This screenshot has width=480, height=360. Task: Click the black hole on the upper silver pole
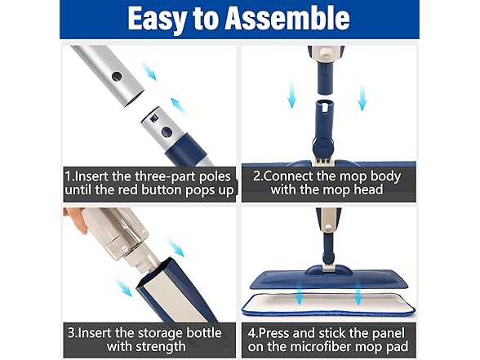[x=117, y=79]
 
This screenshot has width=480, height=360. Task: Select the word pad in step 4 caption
[x=407, y=349]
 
